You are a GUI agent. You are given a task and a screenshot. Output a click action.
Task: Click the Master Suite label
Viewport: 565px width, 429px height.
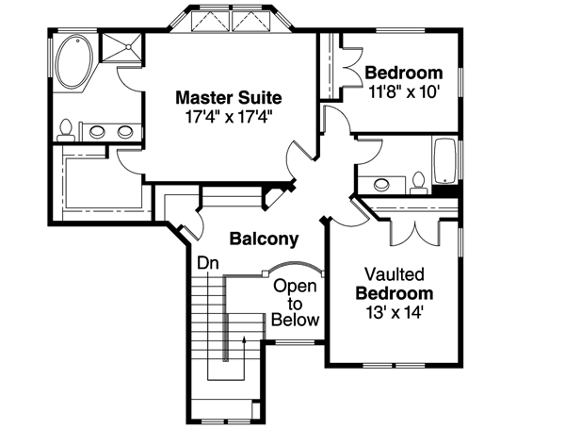coord(229,97)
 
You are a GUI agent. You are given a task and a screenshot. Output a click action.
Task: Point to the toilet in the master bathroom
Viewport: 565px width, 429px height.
coord(66,130)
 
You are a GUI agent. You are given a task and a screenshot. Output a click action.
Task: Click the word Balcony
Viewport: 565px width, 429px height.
coord(264,239)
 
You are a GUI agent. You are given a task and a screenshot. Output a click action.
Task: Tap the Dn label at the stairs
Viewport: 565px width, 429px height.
coord(206,263)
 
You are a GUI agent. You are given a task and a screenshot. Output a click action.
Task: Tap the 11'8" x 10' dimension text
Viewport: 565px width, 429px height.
coord(403,91)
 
